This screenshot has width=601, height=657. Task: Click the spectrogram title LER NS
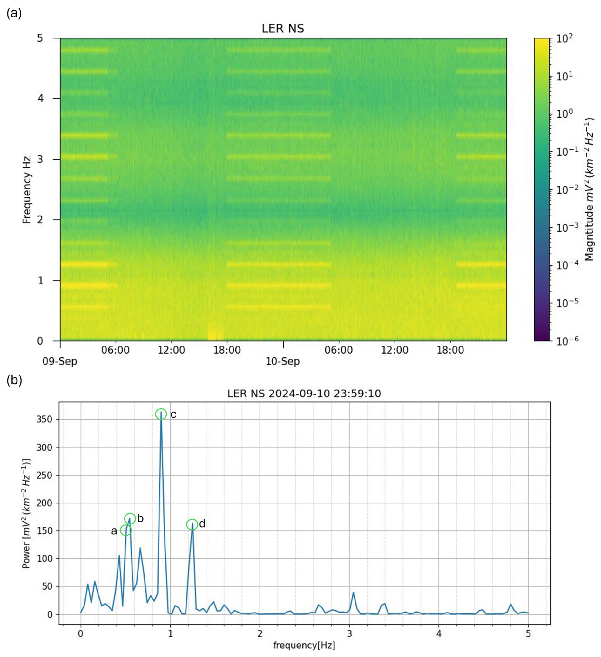[283, 29]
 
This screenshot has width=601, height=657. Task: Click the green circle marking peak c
[161, 414]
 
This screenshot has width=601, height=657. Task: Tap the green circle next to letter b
[130, 518]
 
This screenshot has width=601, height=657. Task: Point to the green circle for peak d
[192, 524]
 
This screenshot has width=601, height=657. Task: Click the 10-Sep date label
[283, 361]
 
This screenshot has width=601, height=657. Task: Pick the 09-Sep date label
[60, 361]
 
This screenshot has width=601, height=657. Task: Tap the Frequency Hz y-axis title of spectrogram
[27, 190]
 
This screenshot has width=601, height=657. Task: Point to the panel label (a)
[14, 13]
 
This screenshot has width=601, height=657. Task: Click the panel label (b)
[14, 380]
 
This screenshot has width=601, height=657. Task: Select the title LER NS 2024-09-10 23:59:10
[304, 394]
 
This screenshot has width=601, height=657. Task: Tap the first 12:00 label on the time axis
[171, 350]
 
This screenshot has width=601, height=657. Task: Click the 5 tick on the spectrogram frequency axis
[40, 38]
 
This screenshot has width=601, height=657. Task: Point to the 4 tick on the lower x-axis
[439, 633]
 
